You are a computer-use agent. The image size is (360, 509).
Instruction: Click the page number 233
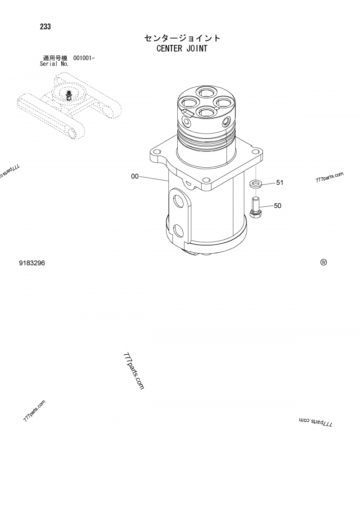(x=45, y=27)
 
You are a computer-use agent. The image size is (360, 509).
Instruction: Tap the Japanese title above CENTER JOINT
(x=182, y=38)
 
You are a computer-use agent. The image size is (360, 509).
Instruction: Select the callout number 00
(x=135, y=177)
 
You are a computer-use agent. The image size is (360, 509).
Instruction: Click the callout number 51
(x=279, y=183)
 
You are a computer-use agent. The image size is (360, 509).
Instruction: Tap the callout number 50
(x=277, y=206)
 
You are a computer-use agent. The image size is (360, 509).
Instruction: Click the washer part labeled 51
(x=256, y=183)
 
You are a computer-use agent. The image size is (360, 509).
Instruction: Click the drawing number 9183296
(x=31, y=263)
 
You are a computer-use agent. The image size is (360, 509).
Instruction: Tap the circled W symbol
(x=323, y=263)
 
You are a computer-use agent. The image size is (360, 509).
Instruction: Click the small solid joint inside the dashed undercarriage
(x=69, y=95)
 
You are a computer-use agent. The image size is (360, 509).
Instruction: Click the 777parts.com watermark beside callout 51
(x=329, y=177)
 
